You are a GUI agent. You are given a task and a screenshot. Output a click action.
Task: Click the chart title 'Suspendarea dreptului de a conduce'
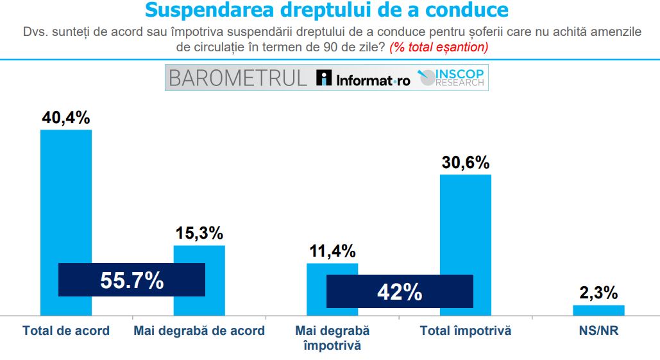[326, 11]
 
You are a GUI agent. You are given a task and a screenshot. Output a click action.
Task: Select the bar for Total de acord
[66, 193]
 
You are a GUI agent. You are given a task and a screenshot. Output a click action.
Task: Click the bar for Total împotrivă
[465, 225]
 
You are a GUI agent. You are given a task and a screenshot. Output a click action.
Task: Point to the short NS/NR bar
[598, 310]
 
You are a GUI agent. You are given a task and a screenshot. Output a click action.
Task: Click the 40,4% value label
[66, 117]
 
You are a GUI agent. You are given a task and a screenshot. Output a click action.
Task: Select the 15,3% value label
[199, 234]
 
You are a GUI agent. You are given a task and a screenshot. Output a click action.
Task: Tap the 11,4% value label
[332, 251]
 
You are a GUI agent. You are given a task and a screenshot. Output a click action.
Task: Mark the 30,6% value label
[465, 163]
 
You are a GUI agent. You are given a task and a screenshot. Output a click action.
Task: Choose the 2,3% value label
[598, 293]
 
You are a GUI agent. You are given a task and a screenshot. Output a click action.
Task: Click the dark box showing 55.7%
[131, 280]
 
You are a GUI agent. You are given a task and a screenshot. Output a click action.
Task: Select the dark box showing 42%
[400, 291]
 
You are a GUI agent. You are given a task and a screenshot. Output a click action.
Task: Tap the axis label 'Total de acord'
[66, 331]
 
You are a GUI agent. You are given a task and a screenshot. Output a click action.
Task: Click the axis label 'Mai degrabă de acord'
[199, 331]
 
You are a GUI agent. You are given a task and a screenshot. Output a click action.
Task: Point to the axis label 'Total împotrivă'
[465, 331]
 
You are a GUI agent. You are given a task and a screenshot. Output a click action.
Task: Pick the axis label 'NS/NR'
[598, 331]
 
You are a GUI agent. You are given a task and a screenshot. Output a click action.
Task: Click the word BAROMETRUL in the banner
[238, 78]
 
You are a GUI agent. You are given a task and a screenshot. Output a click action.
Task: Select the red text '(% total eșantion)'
[439, 47]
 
